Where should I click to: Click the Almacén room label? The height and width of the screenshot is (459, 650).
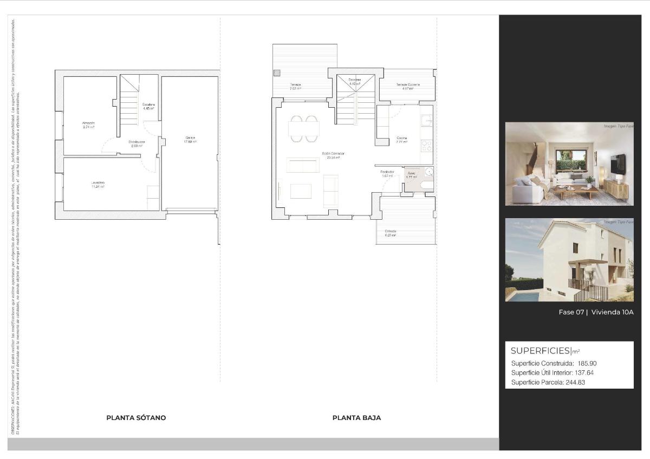pyautogui.click(x=89, y=123)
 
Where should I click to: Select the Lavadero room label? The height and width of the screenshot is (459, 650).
pyautogui.click(x=98, y=183)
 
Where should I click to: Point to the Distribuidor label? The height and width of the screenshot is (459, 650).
pyautogui.click(x=136, y=142)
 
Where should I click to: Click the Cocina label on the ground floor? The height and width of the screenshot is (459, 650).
pyautogui.click(x=401, y=138)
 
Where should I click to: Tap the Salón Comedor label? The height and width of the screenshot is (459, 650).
pyautogui.click(x=333, y=154)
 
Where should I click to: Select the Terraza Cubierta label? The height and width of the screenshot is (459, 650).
pyautogui.click(x=407, y=85)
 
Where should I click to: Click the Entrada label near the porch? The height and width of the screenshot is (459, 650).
pyautogui.click(x=391, y=231)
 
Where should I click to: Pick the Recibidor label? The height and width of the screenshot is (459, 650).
pyautogui.click(x=387, y=172)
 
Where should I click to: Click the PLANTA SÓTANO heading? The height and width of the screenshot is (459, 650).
pyautogui.click(x=136, y=418)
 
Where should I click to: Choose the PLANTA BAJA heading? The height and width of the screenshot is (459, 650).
pyautogui.click(x=356, y=418)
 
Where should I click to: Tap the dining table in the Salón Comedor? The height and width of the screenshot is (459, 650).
pyautogui.click(x=304, y=129)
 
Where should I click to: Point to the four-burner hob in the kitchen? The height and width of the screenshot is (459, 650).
pyautogui.click(x=427, y=145)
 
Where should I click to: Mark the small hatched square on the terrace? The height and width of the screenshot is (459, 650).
pyautogui.click(x=277, y=73)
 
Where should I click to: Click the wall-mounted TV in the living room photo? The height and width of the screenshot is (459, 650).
pyautogui.click(x=617, y=164)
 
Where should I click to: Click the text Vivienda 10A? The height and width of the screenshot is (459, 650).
pyautogui.click(x=612, y=312)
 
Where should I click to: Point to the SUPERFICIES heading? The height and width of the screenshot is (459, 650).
pyautogui.click(x=540, y=351)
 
